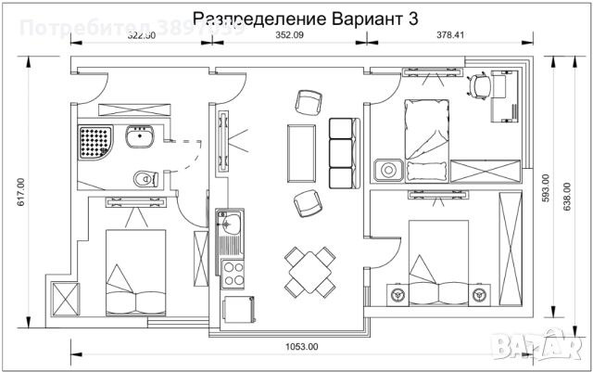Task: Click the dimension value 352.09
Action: click(x=290, y=35)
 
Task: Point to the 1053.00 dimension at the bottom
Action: click(x=301, y=347)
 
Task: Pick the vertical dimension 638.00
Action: click(x=568, y=196)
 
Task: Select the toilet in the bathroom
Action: click(x=143, y=176)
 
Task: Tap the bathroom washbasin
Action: click(x=141, y=139)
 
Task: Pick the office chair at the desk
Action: click(x=479, y=85)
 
